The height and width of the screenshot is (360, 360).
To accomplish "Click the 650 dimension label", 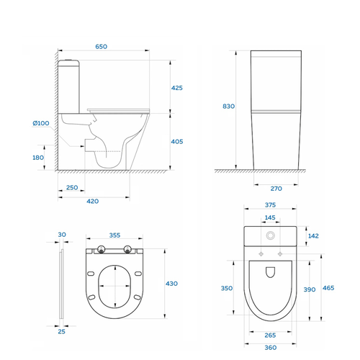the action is [102, 47].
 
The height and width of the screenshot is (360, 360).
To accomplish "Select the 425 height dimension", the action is [177, 88].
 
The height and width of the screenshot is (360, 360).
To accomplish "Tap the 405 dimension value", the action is [177, 142].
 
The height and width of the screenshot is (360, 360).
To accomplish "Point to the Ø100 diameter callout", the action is [41, 123].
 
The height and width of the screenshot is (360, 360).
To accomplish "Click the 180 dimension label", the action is [38, 158].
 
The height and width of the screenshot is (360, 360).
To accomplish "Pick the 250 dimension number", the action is [72, 187].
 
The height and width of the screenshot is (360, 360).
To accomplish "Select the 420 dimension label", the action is [93, 201].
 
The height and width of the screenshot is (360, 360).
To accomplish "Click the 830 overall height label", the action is [228, 106].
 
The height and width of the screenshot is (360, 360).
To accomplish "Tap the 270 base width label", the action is [276, 189].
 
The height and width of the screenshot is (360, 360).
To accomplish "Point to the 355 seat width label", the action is [114, 235].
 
